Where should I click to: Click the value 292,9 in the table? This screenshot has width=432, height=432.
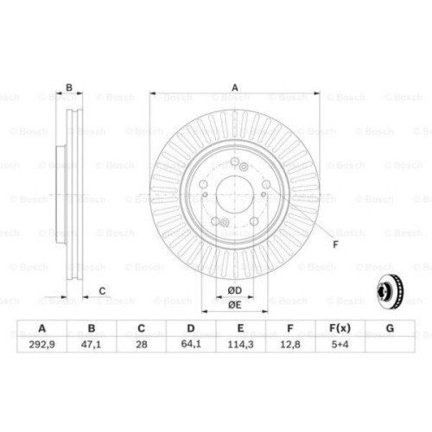tap(42, 343)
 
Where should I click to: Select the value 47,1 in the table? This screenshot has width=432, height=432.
tap(92, 343)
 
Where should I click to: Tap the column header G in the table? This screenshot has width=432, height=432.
tap(389, 328)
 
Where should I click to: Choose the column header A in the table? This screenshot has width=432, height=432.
tap(42, 328)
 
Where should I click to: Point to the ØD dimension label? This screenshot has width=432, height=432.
tap(233, 289)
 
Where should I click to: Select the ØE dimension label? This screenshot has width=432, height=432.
tap(233, 304)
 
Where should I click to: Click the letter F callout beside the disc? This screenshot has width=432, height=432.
tap(334, 245)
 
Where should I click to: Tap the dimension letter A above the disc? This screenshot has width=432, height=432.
tap(233, 86)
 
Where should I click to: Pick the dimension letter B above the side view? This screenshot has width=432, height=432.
tap(69, 86)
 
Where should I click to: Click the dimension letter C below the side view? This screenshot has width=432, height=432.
tap(102, 290)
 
